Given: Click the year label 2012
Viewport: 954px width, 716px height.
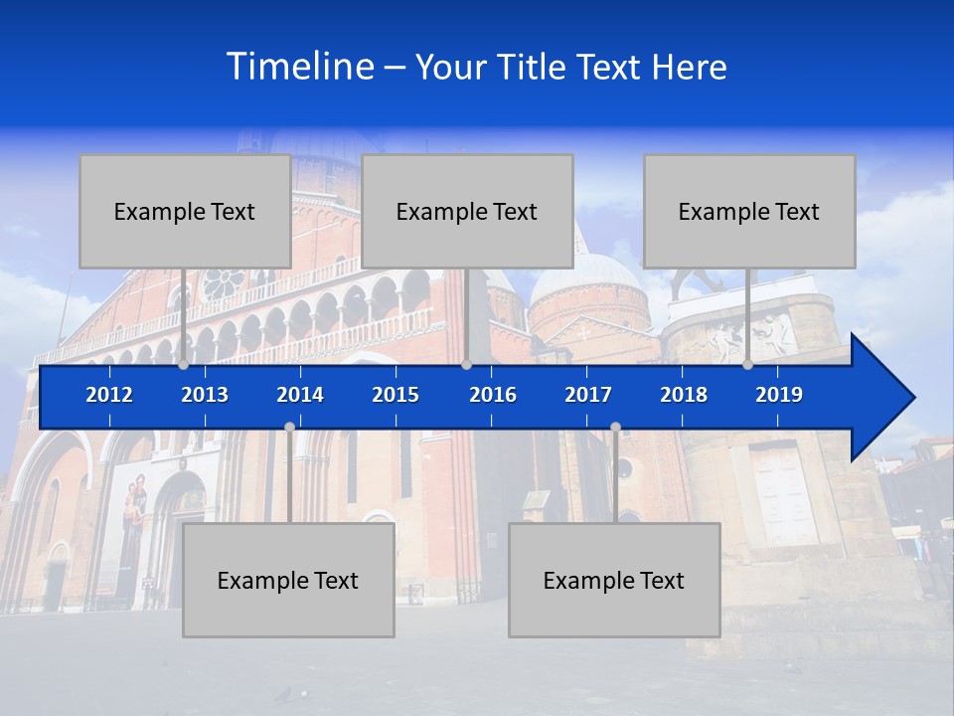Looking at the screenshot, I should (x=109, y=395).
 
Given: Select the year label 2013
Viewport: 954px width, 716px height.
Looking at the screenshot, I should (x=205, y=395).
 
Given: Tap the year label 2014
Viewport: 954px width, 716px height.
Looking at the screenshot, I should (x=300, y=395).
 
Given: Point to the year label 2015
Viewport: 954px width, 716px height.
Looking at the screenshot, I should (x=396, y=395).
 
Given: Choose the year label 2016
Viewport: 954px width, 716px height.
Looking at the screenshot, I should (x=493, y=395).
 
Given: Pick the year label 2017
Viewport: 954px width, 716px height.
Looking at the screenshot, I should (x=588, y=395).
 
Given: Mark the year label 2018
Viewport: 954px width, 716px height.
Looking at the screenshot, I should (x=684, y=395).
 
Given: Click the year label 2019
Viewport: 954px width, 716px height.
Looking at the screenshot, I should (x=779, y=395).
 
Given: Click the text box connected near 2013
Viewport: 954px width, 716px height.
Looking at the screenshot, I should (x=185, y=211).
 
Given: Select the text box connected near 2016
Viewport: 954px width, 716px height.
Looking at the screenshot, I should (x=467, y=211).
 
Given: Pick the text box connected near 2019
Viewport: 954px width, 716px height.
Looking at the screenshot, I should (x=749, y=211).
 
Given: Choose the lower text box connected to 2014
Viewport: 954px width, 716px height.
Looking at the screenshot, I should (x=288, y=581).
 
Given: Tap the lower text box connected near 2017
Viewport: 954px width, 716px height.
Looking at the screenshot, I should (x=614, y=581).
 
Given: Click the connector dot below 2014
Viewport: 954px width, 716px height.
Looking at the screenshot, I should (x=289, y=427).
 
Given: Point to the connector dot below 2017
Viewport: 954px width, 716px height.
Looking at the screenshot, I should (x=615, y=427).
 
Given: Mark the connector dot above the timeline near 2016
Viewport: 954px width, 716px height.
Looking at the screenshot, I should (x=466, y=365).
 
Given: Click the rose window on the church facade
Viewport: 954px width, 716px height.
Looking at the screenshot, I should (x=224, y=283).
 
